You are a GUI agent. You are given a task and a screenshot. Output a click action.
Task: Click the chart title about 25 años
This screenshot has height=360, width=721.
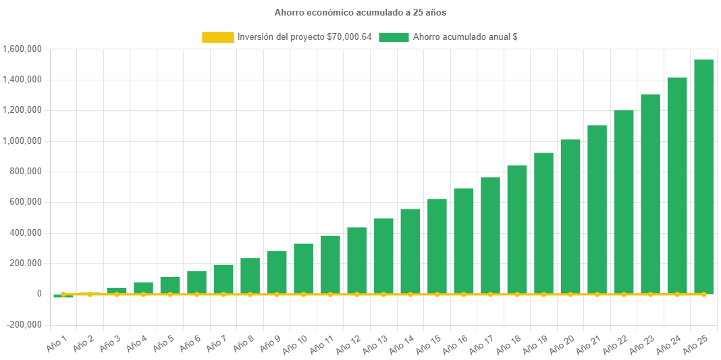click(360, 13)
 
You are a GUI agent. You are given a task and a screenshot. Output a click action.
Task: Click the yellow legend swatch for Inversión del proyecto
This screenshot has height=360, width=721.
click(217, 37)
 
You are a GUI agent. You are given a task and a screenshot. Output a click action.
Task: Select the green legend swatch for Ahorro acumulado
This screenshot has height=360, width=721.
click(394, 37)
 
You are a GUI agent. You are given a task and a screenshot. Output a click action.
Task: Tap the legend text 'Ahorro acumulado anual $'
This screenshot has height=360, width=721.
click(465, 37)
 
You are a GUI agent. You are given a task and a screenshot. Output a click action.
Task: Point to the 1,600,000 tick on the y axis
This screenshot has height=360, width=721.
click(23, 49)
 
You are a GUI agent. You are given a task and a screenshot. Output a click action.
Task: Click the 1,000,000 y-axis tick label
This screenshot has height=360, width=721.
click(23, 141)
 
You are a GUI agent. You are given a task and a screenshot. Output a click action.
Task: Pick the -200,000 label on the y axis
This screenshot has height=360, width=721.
click(24, 325)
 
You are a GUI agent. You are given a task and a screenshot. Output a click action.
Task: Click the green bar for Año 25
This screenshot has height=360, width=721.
click(703, 176)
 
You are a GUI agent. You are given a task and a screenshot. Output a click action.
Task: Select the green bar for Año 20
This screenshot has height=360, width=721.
click(570, 216)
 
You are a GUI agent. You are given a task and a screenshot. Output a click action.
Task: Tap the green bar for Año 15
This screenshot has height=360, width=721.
click(437, 247)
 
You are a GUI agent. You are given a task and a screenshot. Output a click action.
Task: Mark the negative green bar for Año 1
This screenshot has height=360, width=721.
click(63, 296)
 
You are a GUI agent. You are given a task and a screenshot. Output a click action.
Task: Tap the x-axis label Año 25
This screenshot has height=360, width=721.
click(695, 344)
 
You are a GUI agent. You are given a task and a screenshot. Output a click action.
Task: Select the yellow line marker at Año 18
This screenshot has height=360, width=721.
click(517, 294)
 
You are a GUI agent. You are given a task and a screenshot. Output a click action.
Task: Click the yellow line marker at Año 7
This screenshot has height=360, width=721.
click(223, 294)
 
